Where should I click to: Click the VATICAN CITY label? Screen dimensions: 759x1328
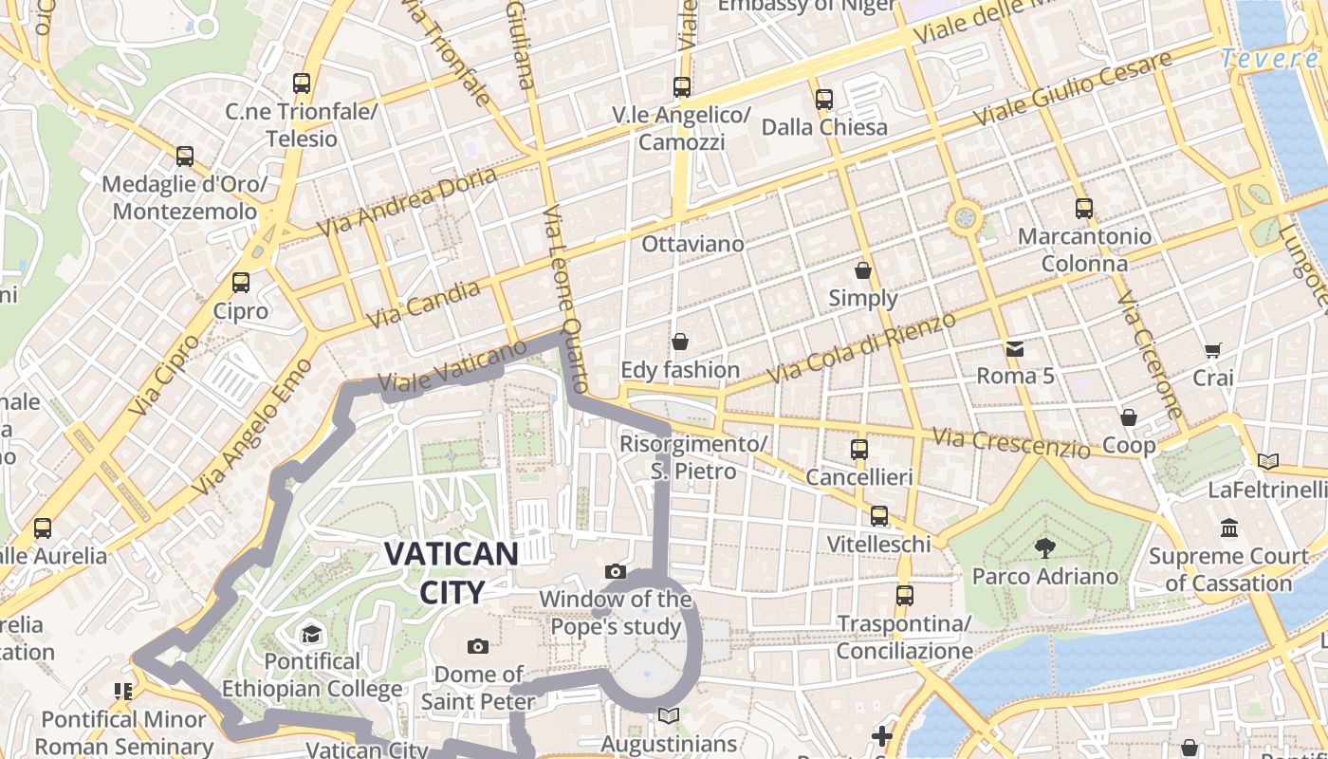pos(452,573)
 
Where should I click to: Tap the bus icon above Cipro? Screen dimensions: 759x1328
pos(241,282)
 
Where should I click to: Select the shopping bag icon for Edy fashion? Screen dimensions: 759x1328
pos(680,341)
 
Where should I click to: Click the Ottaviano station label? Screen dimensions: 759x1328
pos(692,244)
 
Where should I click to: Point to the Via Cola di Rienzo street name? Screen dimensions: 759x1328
pos(861,348)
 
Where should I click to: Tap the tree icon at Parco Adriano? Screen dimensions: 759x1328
pos(1044,547)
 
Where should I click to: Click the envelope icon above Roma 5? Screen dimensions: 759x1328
pos(1015,348)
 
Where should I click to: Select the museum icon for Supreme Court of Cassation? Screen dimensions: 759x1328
pos(1229,528)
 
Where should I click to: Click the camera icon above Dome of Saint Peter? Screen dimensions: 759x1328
pos(478,646)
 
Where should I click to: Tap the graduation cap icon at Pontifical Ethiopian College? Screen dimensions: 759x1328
pos(311,633)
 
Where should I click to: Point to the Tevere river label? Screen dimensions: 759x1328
pos(1269,59)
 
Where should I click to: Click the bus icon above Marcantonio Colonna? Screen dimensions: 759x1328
pos(1083,208)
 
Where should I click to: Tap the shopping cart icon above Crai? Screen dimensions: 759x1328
pos(1212,350)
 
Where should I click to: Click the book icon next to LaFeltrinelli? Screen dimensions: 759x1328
pos(1267,461)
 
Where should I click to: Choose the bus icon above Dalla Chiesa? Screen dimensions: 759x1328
pos(823,99)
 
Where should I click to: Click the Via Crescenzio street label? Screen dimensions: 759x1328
pos(1010,442)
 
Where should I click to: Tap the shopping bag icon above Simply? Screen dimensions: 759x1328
pos(862,270)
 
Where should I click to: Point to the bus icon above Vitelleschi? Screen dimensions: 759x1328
pos(878,516)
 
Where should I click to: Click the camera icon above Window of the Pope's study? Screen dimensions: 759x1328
pos(616,571)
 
